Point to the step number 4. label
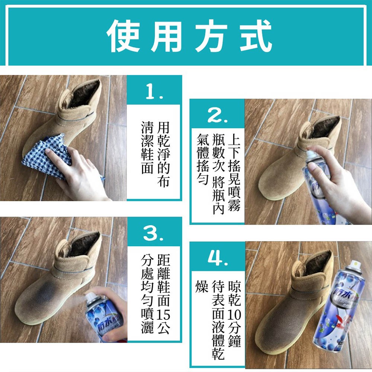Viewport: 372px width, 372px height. click(218, 259)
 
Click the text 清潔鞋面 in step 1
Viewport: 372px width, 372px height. click(147, 147)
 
